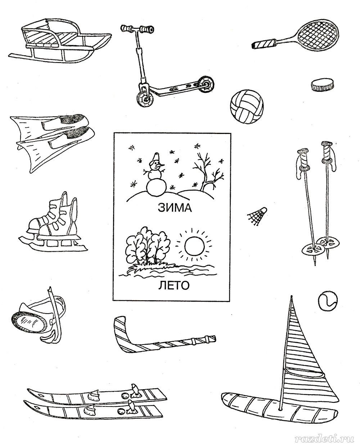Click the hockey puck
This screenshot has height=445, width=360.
coord(322,84)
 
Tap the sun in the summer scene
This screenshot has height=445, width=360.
coord(194,247)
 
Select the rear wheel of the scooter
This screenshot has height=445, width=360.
coord(206,84)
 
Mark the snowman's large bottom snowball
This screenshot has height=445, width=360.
coord(157,188)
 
